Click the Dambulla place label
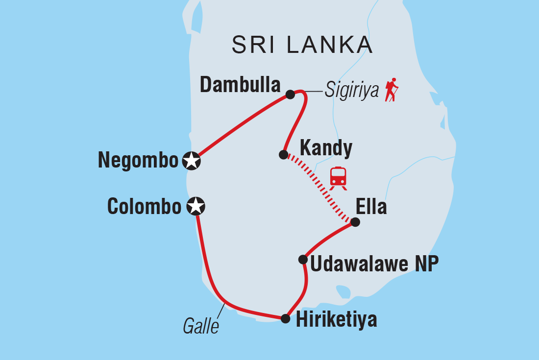(x=240, y=86)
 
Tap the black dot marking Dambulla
(x=290, y=94)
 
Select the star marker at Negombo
(x=191, y=161)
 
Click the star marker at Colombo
(x=196, y=207)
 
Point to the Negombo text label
(x=138, y=161)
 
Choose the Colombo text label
(x=144, y=207)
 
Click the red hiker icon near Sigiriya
(x=391, y=90)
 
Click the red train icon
(x=338, y=177)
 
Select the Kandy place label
(x=325, y=148)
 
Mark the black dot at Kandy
(x=283, y=155)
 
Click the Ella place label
(x=371, y=207)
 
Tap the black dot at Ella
(x=355, y=222)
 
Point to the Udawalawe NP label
(x=374, y=264)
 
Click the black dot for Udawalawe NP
(x=303, y=260)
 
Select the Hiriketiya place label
(x=336, y=320)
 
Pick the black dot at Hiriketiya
(x=285, y=319)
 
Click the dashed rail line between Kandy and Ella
(x=318, y=188)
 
